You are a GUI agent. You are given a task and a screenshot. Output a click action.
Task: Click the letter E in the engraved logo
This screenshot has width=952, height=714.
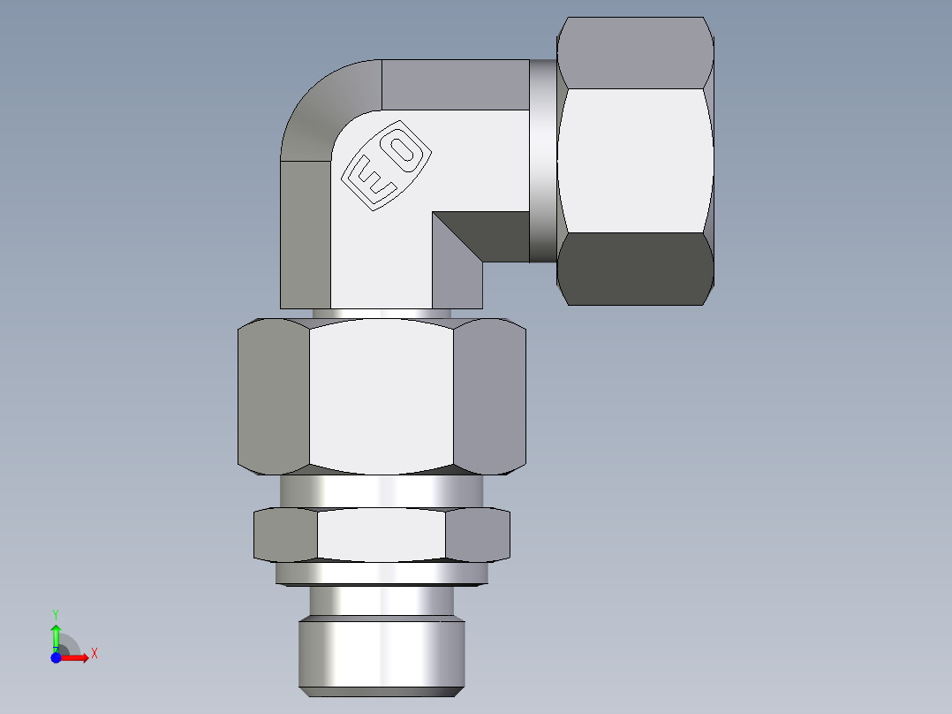click(370, 179)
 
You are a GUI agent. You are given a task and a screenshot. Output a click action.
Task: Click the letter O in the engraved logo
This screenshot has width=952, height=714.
click(403, 149)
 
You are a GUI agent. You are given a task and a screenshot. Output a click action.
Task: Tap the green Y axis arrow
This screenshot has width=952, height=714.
click(56, 633)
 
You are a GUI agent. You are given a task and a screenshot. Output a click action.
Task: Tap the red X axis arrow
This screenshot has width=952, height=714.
click(78, 657)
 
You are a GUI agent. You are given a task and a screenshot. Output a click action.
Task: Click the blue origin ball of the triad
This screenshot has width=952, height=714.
click(57, 657)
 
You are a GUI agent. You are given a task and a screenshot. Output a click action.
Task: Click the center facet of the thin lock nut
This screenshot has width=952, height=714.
click(381, 535)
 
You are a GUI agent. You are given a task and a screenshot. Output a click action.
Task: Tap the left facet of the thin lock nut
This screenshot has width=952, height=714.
click(285, 535)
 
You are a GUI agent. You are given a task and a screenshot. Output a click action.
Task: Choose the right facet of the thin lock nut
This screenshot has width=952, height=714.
click(477, 535)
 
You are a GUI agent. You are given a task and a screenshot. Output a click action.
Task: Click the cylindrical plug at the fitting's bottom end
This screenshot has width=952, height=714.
click(381, 654)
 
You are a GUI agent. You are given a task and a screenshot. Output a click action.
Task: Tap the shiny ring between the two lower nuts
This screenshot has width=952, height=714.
click(381, 490)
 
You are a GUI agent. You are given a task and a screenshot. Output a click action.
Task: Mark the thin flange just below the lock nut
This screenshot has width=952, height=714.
click(381, 573)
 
